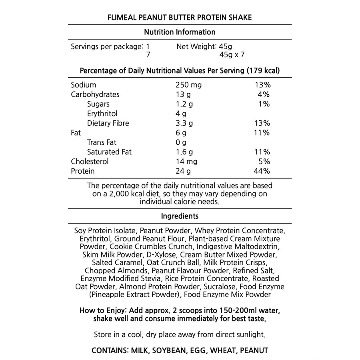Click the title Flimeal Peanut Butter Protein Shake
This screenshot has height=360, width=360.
pos(180,18)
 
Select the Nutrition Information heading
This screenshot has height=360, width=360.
pos(180,32)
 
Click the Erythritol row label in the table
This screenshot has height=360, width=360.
pos(102,114)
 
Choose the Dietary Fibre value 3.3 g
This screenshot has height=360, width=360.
pos(184,123)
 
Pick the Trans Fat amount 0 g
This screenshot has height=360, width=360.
pos(181,142)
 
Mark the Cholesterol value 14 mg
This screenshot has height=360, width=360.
pos(186,162)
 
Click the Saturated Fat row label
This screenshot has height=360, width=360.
pos(109,152)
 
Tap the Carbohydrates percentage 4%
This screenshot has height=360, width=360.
pos(264,94)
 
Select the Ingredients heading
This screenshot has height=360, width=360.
pos(180,216)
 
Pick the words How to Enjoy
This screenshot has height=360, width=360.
pos(102,311)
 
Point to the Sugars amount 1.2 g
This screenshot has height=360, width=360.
pos(184,104)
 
